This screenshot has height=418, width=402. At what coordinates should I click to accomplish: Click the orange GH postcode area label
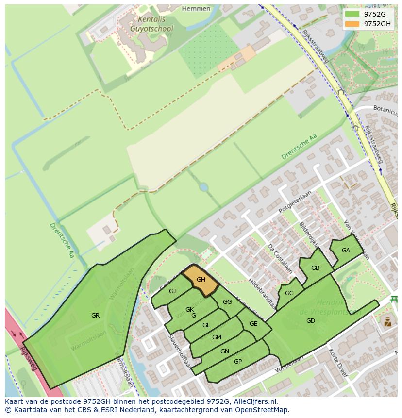pyautogui.click(x=201, y=280)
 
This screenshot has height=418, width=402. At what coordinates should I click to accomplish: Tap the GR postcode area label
pyautogui.click(x=95, y=316)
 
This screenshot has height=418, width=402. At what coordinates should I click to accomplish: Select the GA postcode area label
pyautogui.click(x=346, y=251)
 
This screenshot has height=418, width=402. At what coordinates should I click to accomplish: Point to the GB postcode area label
pyautogui.click(x=315, y=268)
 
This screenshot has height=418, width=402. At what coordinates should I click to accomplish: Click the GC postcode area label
pyautogui.click(x=289, y=293)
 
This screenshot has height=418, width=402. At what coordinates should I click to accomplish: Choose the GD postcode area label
pyautogui.click(x=311, y=321)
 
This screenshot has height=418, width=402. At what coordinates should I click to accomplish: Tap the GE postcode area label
pyautogui.click(x=253, y=324)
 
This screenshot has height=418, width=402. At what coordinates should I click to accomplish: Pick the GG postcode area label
pyautogui.click(x=227, y=302)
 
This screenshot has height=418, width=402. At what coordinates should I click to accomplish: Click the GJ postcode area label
pyautogui.click(x=172, y=291)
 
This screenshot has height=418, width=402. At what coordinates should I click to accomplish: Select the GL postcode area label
pyautogui.click(x=206, y=325)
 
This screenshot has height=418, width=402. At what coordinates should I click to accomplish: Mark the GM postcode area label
pyautogui.click(x=217, y=337)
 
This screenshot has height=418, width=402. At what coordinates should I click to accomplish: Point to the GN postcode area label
pyautogui.click(x=225, y=351)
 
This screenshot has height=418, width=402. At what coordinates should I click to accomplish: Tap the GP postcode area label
pyautogui.click(x=238, y=362)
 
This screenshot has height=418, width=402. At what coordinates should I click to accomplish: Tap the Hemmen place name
pyautogui.click(x=196, y=9)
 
